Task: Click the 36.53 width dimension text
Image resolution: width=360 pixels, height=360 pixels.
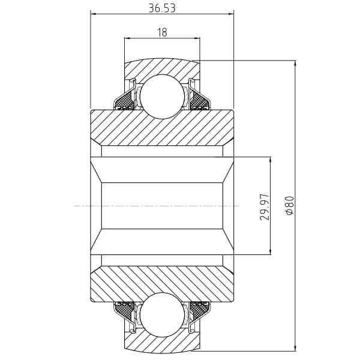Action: pos(162,8)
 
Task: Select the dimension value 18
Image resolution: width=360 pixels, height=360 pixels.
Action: pos(163,32)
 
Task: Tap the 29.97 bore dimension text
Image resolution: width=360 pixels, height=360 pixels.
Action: pos(265,207)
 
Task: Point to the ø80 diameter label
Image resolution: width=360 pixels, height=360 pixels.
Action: pos(290,205)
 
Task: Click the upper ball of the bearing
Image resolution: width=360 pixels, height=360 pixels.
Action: pos(163,97)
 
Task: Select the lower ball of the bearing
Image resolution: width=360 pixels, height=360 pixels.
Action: pos(163,314)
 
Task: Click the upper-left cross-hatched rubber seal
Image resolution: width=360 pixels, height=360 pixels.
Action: pos(124,101)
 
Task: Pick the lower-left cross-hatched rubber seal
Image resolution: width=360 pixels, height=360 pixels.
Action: pos(124,310)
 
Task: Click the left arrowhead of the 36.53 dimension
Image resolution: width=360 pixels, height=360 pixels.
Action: pos(94,14)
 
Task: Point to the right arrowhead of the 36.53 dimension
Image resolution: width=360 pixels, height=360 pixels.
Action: pos(230,14)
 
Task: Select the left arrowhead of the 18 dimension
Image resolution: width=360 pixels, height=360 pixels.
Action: pos(128,38)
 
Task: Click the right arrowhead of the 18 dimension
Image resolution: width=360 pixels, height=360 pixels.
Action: pos(197,38)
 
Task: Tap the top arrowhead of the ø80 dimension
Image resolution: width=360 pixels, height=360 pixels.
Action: pos(295,64)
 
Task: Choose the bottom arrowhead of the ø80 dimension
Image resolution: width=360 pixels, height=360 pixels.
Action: pos(295,347)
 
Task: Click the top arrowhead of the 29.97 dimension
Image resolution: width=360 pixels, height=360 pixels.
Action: pos(271,161)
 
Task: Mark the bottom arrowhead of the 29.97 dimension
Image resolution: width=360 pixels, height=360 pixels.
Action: pos(271,251)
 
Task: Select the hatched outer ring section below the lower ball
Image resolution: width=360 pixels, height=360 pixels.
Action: pos(162,344)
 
